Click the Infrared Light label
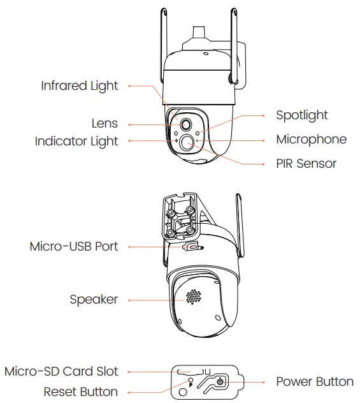(80, 85)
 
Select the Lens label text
(104, 124)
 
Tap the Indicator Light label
(76, 141)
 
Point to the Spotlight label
(301, 115)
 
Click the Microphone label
(311, 139)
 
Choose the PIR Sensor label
(306, 163)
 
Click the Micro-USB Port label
(74, 246)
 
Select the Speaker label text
(94, 299)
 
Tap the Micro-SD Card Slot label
(61, 371)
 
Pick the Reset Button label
(80, 391)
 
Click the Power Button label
(314, 381)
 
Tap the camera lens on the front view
(187, 124)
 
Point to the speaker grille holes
(194, 297)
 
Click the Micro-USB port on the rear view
(190, 247)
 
